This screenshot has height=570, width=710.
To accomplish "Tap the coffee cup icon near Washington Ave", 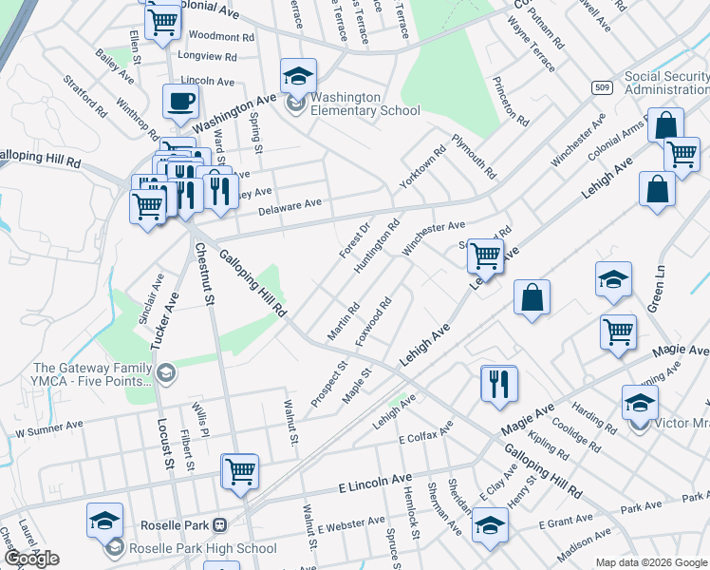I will click(180, 102).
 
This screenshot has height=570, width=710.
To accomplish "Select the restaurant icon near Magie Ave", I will click(499, 384).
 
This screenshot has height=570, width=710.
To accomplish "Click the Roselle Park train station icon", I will click(219, 524).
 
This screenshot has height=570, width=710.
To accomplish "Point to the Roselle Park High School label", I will click(197, 548).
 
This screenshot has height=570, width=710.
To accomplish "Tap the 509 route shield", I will click(604, 87).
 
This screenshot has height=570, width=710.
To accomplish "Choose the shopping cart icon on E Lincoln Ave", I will click(239, 470).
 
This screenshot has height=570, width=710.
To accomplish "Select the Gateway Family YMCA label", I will click(92, 374).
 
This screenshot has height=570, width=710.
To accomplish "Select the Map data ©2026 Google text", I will click(651, 562).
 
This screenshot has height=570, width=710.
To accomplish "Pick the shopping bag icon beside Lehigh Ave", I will click(532, 295).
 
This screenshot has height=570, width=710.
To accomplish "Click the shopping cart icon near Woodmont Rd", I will click(163, 19).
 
